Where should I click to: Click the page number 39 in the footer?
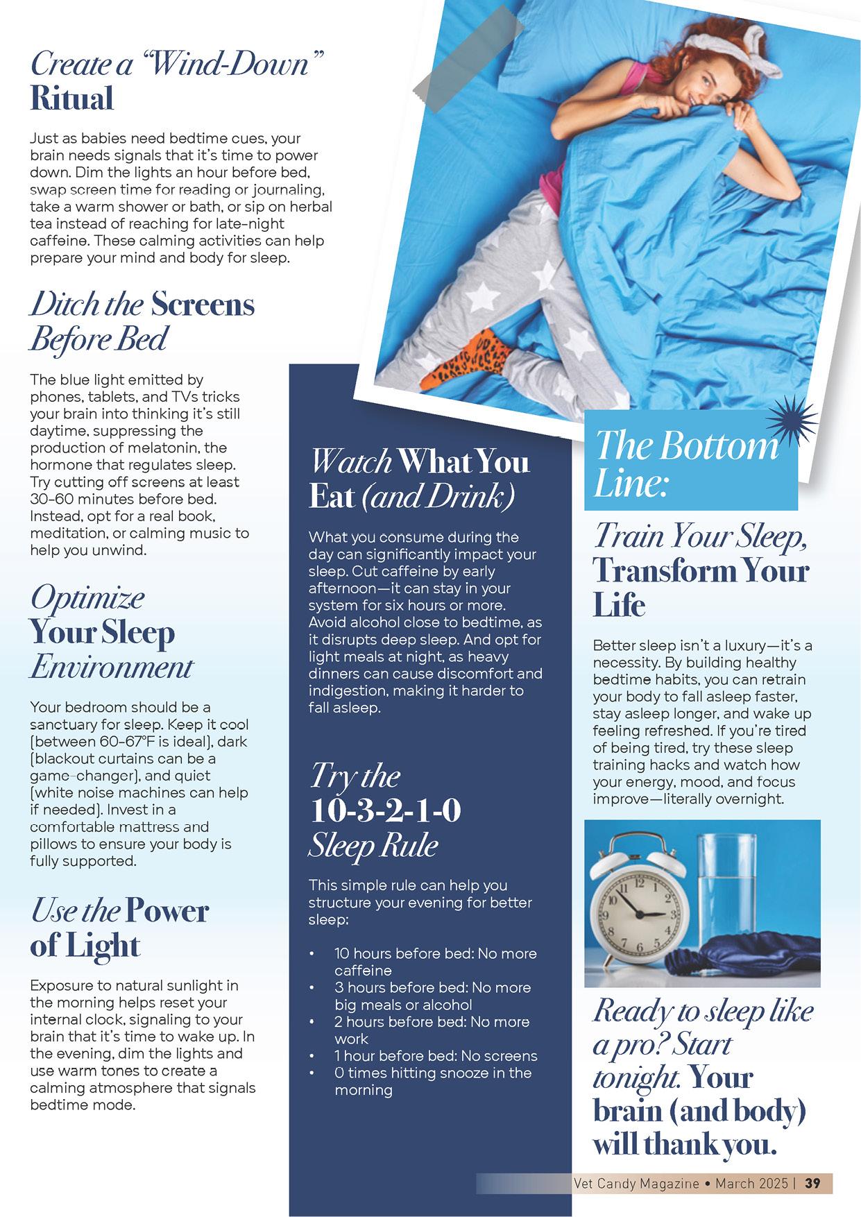tap(812, 1183)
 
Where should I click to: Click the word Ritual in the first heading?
tap(71, 99)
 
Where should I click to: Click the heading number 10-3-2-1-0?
tap(385, 810)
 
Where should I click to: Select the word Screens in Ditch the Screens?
tap(203, 305)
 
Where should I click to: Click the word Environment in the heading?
tap(111, 667)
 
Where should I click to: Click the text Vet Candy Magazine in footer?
tap(636, 1183)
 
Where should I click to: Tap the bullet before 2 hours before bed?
tap(313, 1022)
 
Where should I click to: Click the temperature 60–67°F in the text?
tap(117, 742)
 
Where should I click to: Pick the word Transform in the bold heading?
tap(665, 571)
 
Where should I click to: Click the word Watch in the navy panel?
tap(351, 461)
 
